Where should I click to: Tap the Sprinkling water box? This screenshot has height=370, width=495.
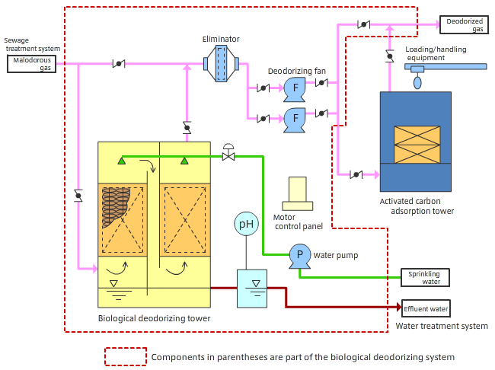[x=426, y=277]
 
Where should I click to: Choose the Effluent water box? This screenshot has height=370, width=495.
[x=426, y=309]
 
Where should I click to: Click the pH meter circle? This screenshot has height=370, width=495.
[x=246, y=223]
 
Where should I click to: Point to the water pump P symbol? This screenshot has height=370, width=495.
[x=299, y=255]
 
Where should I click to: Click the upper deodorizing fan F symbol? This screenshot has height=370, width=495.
[x=294, y=88]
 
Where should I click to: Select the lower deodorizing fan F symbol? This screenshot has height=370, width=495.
[x=294, y=117]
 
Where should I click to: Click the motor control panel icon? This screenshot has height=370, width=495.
[x=297, y=193]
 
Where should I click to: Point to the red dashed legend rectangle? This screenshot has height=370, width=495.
[x=125, y=356]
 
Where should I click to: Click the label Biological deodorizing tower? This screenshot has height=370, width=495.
[x=154, y=318]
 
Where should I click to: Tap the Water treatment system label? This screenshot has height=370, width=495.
[x=442, y=326]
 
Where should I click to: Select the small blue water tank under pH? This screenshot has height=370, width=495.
[x=252, y=289]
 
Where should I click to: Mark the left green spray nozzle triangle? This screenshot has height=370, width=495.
[x=121, y=161]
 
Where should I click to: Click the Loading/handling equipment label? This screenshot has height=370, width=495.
[x=436, y=53]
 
